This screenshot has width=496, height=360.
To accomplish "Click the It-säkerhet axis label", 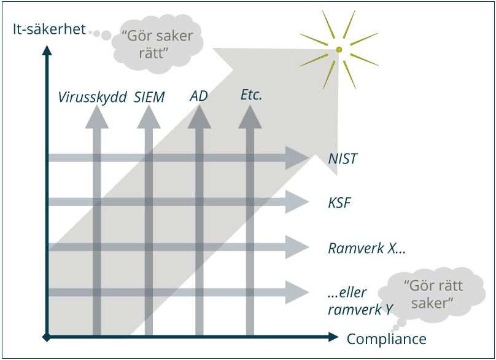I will click(49, 29).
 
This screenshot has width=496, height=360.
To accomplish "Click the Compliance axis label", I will click(386, 338).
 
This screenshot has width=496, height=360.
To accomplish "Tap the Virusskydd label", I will click(92, 96).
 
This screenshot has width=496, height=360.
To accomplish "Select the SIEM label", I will click(149, 96).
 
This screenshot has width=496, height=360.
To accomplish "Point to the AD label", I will click(198, 96).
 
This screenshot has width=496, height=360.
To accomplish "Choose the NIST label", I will click(343, 159).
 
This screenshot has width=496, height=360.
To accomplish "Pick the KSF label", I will click(339, 203).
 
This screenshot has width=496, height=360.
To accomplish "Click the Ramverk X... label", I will click(367, 248).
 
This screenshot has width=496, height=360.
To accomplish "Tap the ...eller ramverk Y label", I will click(360, 300).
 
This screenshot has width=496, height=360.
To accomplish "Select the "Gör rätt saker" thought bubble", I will click(433, 294).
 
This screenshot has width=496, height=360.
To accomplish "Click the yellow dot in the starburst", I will click(338, 49).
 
